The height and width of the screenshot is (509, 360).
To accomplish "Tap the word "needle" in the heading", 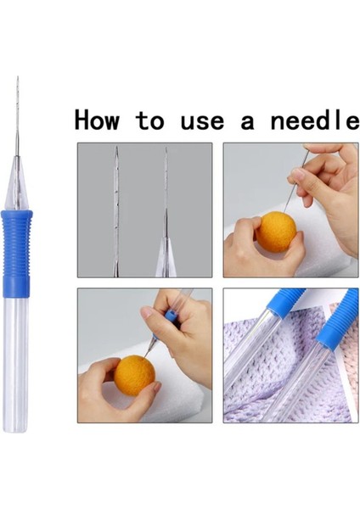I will click(311, 120).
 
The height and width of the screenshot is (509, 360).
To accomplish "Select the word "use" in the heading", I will click(203, 120).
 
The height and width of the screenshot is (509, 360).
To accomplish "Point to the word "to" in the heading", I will click(150, 120).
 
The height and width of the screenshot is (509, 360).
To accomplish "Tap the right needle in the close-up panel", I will click(166, 212).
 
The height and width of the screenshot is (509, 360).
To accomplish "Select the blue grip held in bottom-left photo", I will click(171, 316).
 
